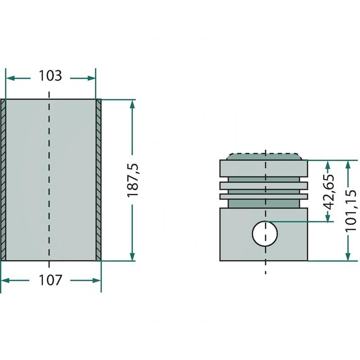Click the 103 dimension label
pos(50,76)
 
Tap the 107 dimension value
pos(50,280)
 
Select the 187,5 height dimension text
pos(133,180)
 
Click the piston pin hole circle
pos(265,234)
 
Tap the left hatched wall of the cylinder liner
pos(3,180)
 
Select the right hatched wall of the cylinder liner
pos(98,180)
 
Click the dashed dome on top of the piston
pos(264,156)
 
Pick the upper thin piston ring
pos(264,186)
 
